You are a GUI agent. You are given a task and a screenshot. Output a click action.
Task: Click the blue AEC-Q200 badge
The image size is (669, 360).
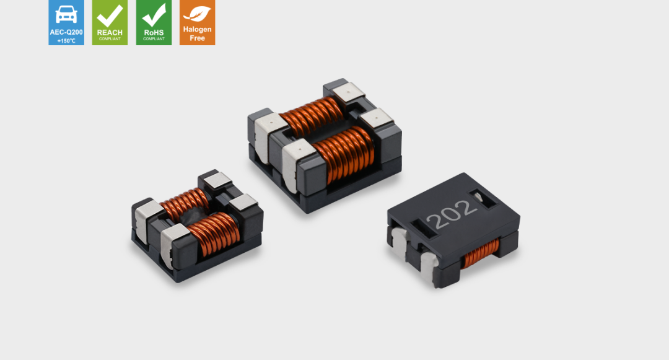tap(66, 22)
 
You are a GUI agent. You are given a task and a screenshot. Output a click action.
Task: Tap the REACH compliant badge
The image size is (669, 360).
tap(110, 22)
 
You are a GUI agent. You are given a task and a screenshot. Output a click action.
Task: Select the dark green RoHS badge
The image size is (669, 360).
tap(154, 22)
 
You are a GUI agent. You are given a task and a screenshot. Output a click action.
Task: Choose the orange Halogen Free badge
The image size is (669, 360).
tap(197, 22)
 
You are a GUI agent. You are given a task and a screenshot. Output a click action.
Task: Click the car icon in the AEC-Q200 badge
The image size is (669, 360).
tap(66, 14)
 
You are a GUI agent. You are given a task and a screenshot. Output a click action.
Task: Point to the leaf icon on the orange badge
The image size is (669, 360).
tap(197, 14)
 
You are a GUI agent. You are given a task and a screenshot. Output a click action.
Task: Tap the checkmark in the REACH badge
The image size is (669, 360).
tap(110, 15)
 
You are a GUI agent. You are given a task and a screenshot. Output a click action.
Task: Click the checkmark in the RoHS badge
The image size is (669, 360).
tap(154, 15)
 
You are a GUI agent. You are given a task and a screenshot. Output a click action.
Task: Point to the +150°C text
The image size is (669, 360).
tap(66, 41)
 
